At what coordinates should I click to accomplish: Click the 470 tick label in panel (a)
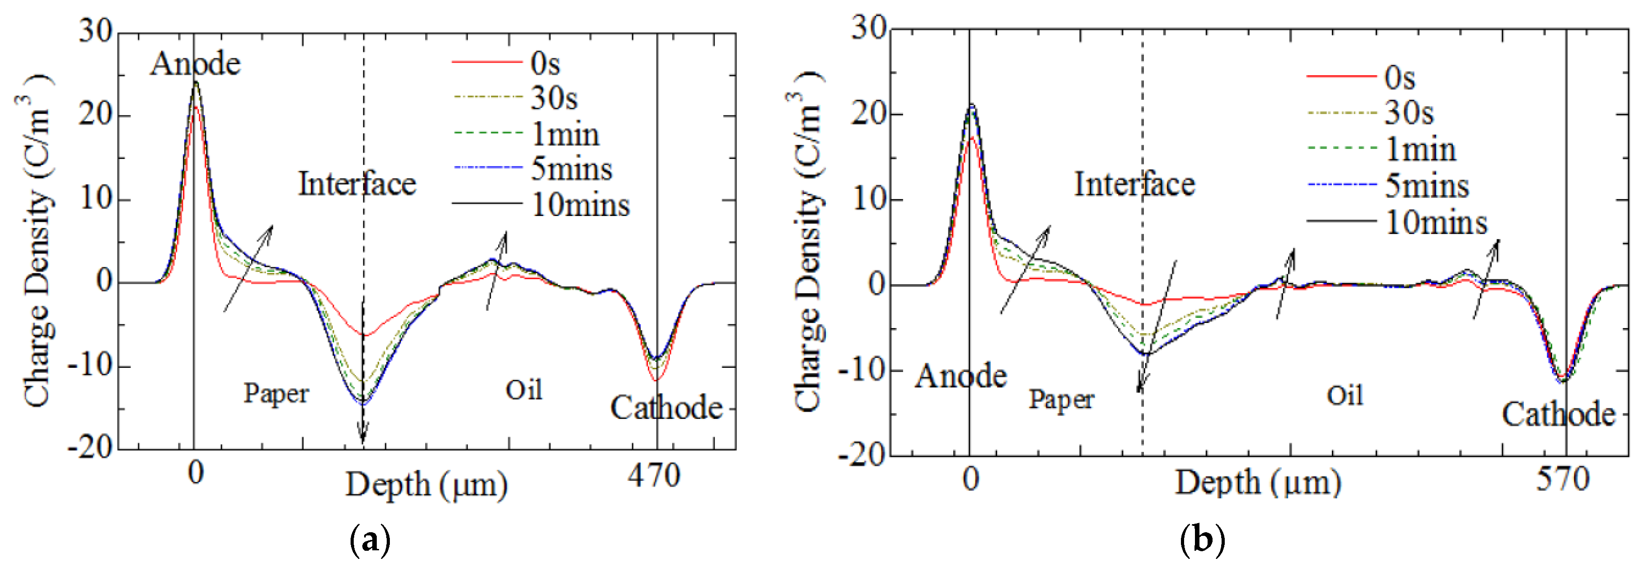tap(654, 476)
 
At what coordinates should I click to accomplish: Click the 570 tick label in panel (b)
tap(1562, 479)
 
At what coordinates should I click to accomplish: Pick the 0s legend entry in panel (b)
tap(1400, 78)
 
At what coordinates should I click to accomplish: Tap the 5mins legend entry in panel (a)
tap(571, 169)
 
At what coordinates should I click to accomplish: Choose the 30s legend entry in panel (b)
tap(1409, 113)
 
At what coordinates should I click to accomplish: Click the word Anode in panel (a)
tap(195, 64)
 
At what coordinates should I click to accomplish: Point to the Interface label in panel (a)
tap(357, 184)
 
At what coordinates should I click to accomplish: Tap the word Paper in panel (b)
tap(1061, 400)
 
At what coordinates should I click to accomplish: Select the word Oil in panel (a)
tap(524, 390)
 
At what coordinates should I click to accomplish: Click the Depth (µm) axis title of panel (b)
tap(1258, 483)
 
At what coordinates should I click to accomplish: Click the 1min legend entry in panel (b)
tap(1420, 150)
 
